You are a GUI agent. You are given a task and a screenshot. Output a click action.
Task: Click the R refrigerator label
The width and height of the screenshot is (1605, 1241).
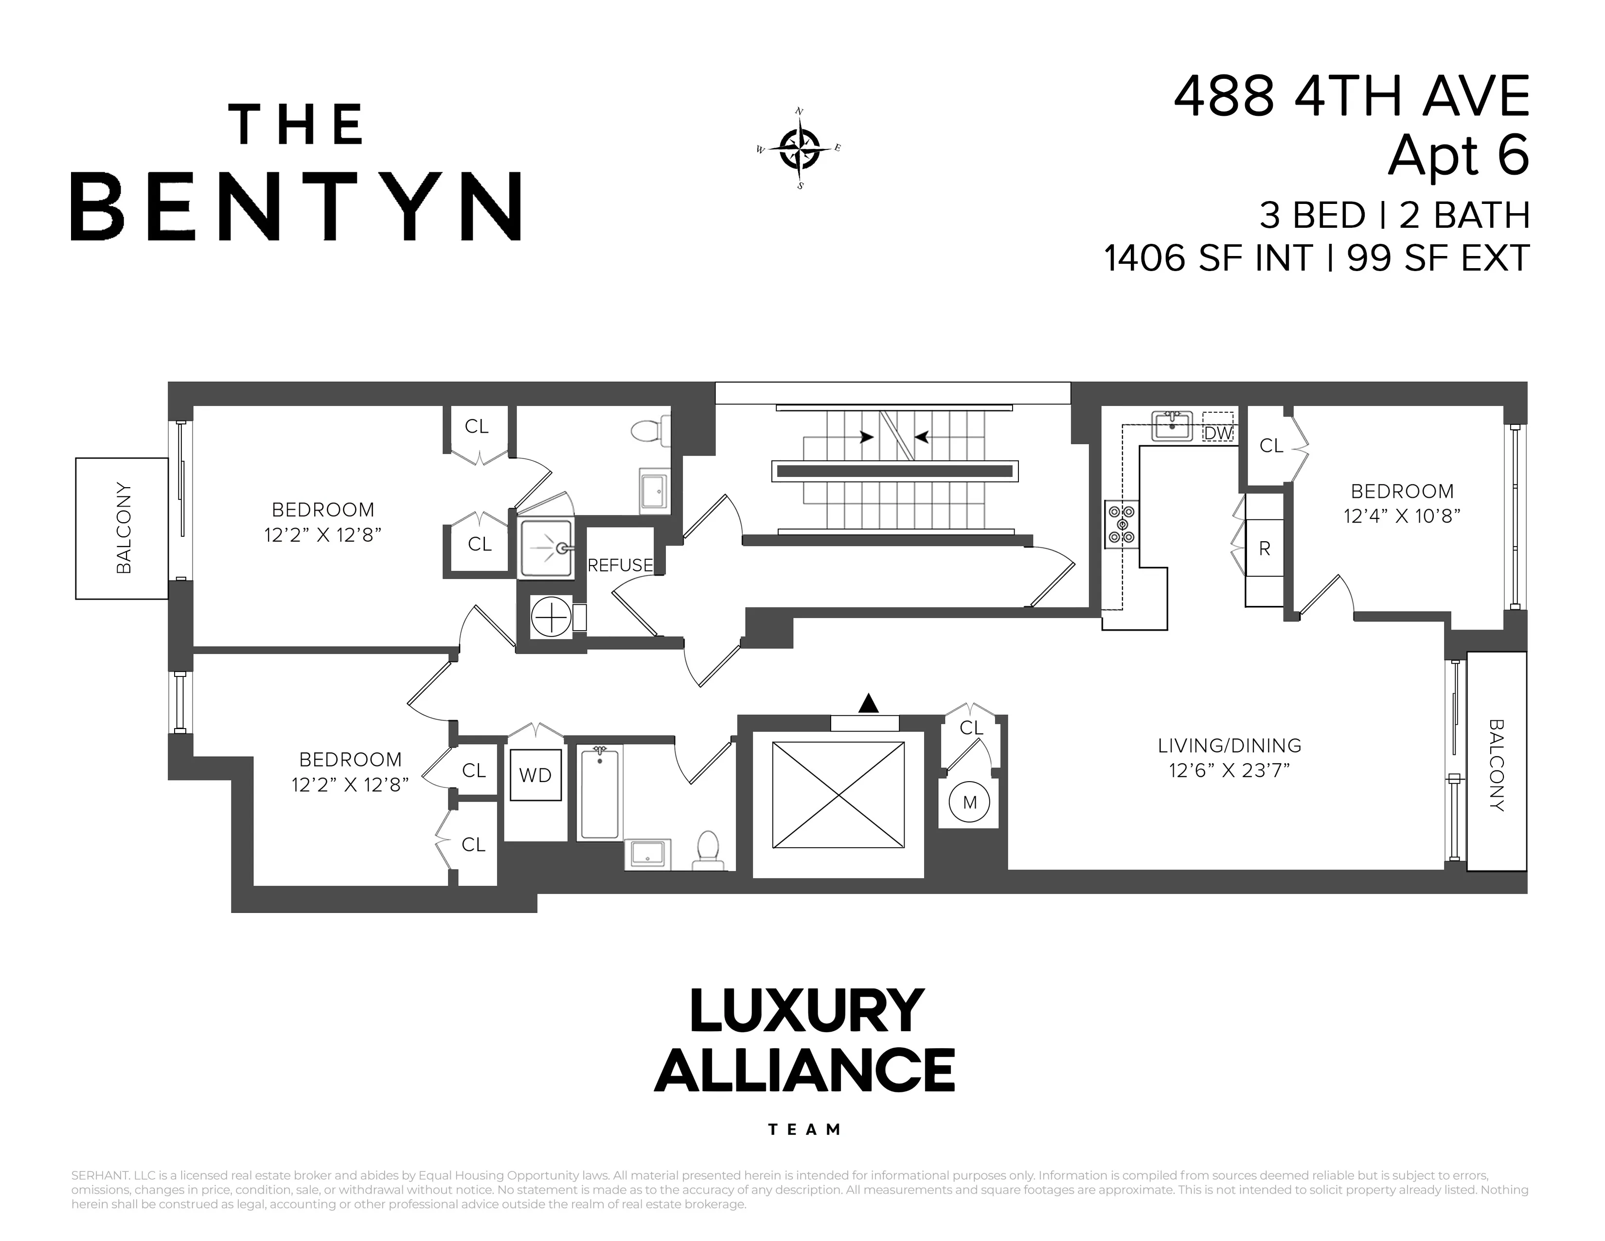pos(1264,548)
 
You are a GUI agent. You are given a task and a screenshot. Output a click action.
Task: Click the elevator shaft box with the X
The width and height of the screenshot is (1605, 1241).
pos(838,795)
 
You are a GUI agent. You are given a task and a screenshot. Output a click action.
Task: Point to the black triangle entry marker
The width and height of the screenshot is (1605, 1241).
pos(869,704)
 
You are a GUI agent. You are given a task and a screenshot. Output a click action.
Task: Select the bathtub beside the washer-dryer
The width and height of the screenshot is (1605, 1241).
pos(600,792)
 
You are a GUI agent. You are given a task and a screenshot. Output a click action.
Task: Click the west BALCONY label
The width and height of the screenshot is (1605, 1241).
pos(124,528)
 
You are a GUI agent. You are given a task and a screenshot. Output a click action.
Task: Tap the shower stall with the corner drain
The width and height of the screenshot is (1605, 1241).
pos(546,548)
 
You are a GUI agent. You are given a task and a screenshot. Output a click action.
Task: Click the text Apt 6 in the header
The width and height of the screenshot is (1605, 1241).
pos(1458,155)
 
